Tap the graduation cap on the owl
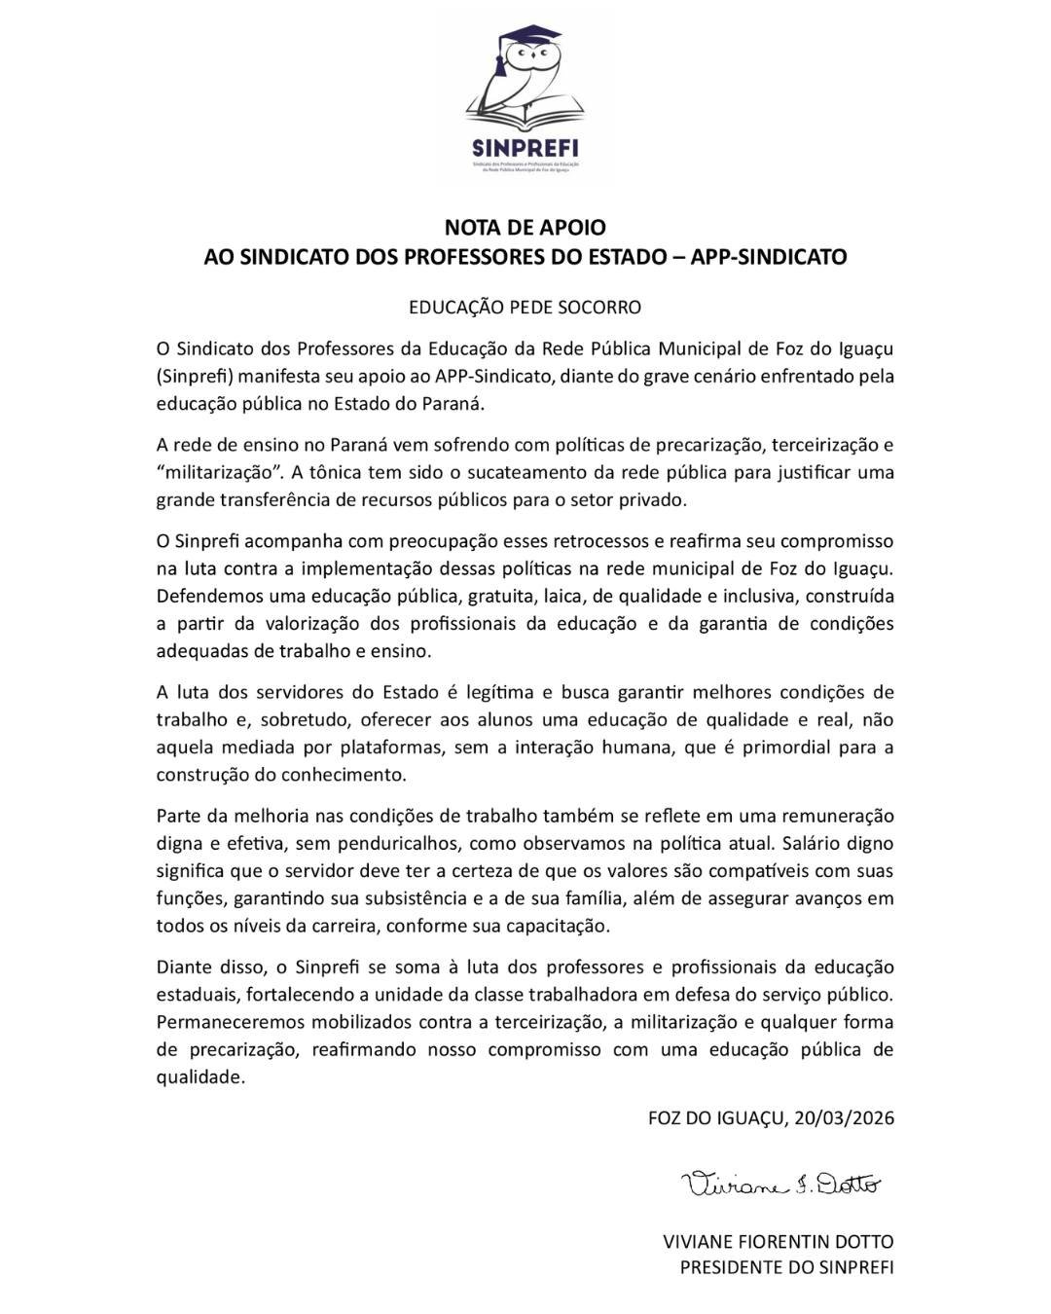(525, 40)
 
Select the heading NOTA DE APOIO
(525, 228)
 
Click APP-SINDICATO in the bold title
(769, 257)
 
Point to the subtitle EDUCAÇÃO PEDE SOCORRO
(525, 308)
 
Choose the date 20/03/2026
(843, 1118)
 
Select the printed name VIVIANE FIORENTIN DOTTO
(778, 1242)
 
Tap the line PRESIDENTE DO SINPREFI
(786, 1267)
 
